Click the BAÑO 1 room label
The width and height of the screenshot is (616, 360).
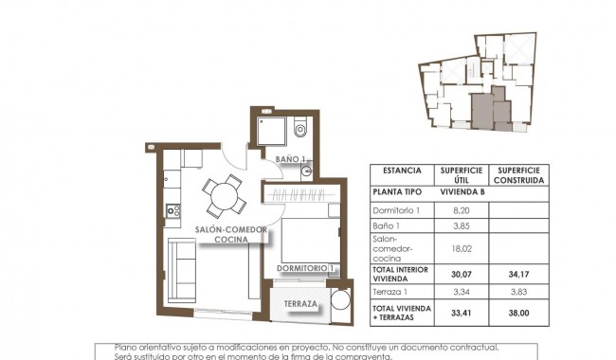[x=291, y=159]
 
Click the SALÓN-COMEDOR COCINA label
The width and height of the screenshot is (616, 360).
[x=231, y=235]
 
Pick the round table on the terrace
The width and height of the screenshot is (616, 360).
[x=338, y=303]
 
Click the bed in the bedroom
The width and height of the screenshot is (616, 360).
[x=302, y=243]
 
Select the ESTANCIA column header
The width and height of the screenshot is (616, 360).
[x=401, y=171]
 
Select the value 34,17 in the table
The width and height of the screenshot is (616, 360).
[x=518, y=276]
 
